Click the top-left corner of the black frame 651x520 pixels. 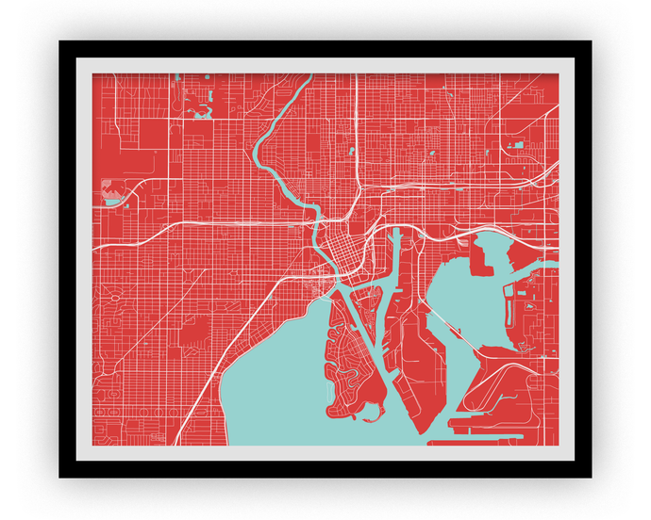60,41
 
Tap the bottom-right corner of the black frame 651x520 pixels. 591,477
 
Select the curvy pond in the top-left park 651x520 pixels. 199,112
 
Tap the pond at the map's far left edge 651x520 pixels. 112,201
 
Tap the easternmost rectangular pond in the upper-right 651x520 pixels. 518,145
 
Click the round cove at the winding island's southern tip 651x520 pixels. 369,410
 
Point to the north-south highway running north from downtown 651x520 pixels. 357,141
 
